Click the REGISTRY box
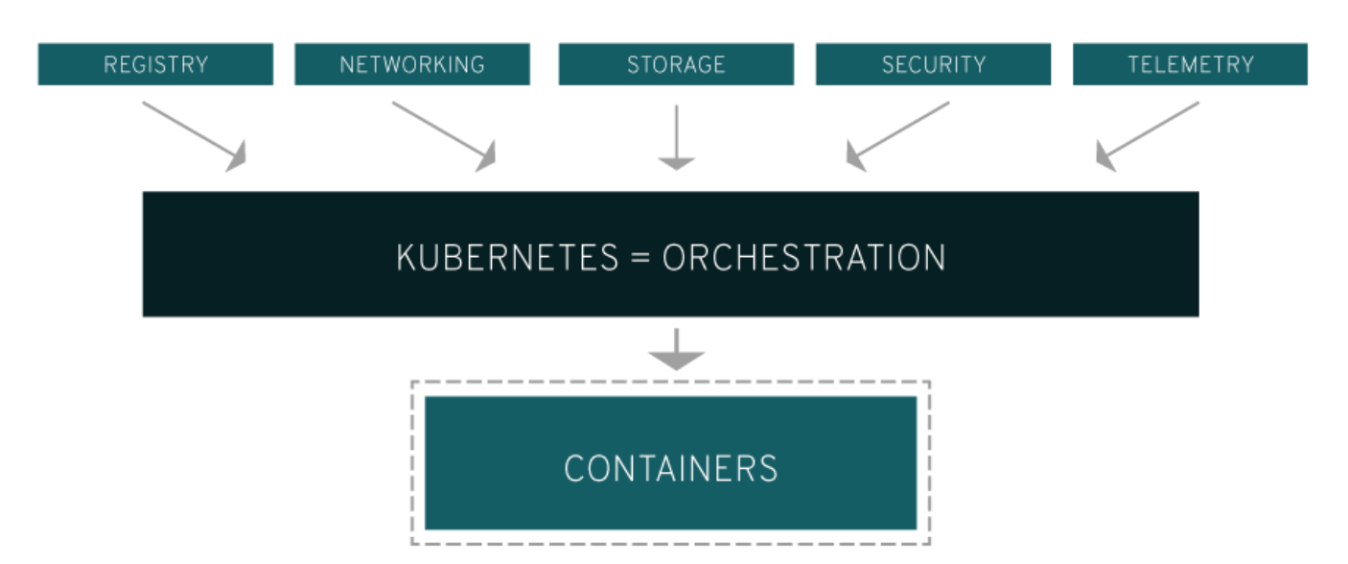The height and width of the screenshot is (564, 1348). point(155,64)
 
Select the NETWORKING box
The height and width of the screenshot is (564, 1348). point(412,64)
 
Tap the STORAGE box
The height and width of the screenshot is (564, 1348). point(676,64)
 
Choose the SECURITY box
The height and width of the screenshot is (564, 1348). point(933,64)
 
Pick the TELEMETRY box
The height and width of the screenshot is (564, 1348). point(1190,64)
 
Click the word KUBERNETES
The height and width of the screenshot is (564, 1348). point(506,257)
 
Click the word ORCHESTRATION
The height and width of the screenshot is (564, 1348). point(803,257)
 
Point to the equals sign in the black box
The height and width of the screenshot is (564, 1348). point(640,258)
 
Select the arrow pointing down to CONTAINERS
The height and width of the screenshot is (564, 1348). point(676,349)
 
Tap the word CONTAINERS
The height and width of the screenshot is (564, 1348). point(670,468)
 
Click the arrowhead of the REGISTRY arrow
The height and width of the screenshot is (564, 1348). point(236,156)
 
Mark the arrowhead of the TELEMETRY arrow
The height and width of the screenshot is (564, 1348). point(1106,156)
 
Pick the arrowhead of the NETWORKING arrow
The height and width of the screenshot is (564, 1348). point(485,156)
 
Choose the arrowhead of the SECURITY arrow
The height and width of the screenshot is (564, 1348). point(856,156)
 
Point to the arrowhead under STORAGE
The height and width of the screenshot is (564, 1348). point(676,162)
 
